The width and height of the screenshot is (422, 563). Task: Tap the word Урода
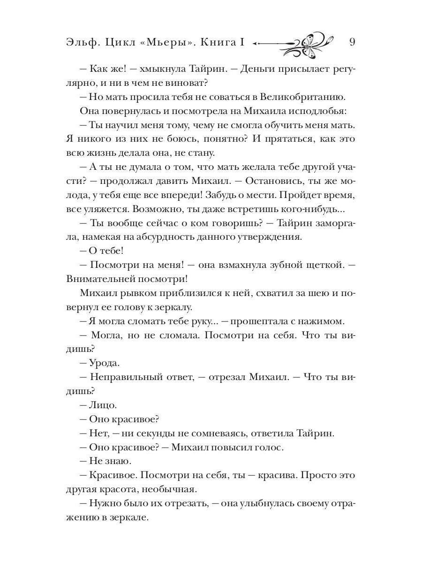tap(105, 363)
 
